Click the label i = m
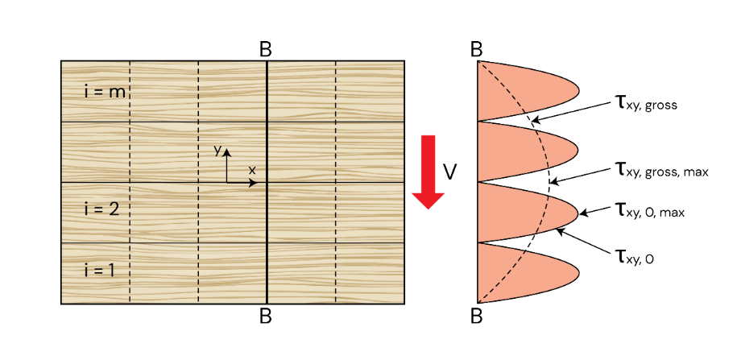click(x=105, y=91)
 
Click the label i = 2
click(x=101, y=209)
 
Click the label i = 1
click(x=100, y=270)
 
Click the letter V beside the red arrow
click(x=451, y=172)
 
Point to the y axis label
click(x=217, y=151)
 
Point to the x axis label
click(x=252, y=170)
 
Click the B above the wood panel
click(x=266, y=49)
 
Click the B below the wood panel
click(x=266, y=316)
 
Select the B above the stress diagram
click(x=478, y=49)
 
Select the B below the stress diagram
click(x=478, y=316)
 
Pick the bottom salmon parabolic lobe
click(x=524, y=274)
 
